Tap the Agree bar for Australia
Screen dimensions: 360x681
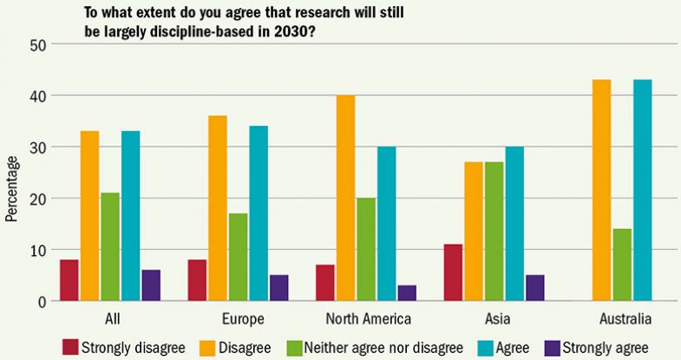(643, 190)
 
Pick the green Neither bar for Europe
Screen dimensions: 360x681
(237, 257)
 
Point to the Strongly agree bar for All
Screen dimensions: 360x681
(151, 285)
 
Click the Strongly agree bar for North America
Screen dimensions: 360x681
(407, 293)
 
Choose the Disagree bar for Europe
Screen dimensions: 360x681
(217, 208)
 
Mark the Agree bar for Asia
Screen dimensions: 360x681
(514, 224)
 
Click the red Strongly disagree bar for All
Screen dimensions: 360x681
(69, 280)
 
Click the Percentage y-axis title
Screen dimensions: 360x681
(11, 188)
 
